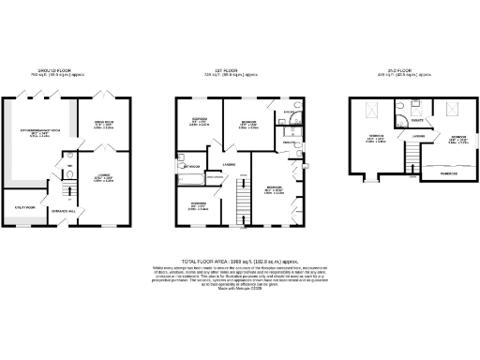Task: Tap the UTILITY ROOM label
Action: tap(25, 207)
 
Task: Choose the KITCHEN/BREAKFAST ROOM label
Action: tap(46, 132)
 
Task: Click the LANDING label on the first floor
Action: tap(228, 165)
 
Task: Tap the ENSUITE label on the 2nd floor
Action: tap(415, 119)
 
